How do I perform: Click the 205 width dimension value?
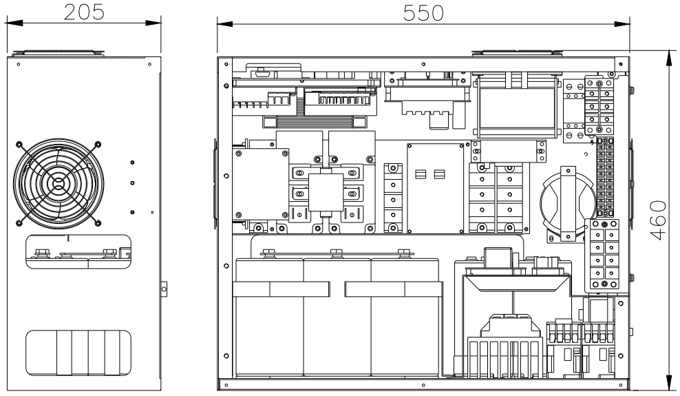pyautogui.click(x=84, y=12)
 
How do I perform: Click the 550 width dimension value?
pyautogui.click(x=423, y=13)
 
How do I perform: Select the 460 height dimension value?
pyautogui.click(x=658, y=220)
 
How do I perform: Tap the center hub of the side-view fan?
pyautogui.click(x=58, y=183)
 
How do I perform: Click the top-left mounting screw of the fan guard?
pyautogui.click(x=19, y=144)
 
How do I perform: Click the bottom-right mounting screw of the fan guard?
pyautogui.click(x=98, y=223)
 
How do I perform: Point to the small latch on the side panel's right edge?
pyautogui.click(x=164, y=289)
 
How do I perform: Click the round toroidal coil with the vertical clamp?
pyautogui.click(x=567, y=203)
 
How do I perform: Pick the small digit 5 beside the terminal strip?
pyautogui.click(x=592, y=142)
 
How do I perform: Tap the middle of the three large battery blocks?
pyautogui.click(x=337, y=317)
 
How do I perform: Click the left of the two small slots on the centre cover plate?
pyautogui.click(x=421, y=174)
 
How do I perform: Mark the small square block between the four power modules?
pyautogui.click(x=326, y=192)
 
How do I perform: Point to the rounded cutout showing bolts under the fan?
pyautogui.click(x=78, y=251)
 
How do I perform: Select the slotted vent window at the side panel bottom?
pyautogui.click(x=78, y=353)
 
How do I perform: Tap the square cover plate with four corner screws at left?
pyautogui.click(x=261, y=184)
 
